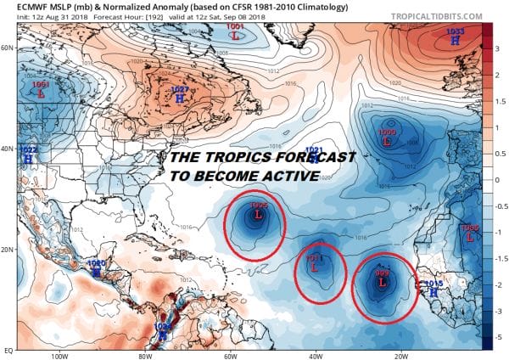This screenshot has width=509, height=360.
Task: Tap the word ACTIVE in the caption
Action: click(x=283, y=176)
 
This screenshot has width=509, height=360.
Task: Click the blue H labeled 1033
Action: click(x=455, y=40)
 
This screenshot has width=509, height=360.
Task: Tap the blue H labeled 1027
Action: click(x=179, y=98)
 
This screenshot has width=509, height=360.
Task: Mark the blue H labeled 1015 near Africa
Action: click(x=433, y=292)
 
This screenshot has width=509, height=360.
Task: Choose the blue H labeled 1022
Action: click(x=28, y=158)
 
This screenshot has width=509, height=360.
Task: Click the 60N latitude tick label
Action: click(x=8, y=48)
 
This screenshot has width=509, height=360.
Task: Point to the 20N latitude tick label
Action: click(x=8, y=250)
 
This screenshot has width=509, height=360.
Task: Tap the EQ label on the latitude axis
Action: click(x=8, y=349)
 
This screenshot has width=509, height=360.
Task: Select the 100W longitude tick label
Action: click(x=59, y=356)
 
